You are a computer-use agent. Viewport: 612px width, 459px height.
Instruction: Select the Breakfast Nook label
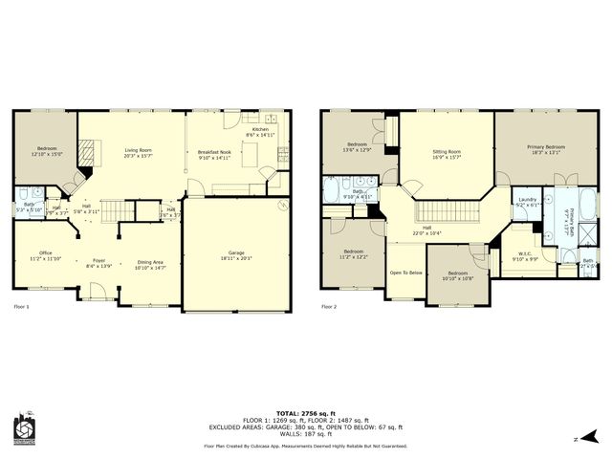coord(214,152)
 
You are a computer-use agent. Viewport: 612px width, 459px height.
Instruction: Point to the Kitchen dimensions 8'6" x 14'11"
coord(261,136)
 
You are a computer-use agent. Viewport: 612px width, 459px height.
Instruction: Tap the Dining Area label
coord(151,262)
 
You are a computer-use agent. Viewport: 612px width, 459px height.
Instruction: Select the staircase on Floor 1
coord(115,209)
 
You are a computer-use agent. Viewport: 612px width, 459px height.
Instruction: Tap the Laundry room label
coord(527,200)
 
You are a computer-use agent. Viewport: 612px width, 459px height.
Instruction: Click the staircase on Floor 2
coord(448,210)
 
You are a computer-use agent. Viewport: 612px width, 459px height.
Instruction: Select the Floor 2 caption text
coord(329,307)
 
